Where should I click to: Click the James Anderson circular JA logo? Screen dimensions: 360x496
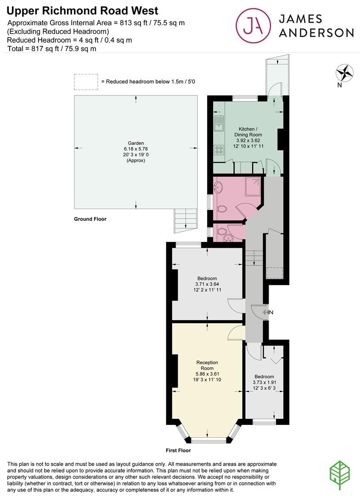point(253,26)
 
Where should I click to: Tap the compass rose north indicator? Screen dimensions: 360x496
point(344,73)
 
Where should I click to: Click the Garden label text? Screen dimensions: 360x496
point(136,143)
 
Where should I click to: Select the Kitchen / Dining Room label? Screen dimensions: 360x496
point(248,132)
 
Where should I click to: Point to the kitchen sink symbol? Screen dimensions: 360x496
point(219,124)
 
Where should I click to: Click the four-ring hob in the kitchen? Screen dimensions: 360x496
point(219,150)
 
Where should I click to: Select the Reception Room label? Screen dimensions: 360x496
point(207,366)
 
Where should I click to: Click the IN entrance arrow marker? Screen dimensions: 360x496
point(268,313)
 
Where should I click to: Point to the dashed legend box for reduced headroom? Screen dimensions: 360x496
point(86,82)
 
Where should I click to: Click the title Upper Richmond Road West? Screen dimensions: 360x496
point(82,11)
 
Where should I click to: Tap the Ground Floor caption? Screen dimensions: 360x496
point(90,219)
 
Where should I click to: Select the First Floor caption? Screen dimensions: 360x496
point(178,450)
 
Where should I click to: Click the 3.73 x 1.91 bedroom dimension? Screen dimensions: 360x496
point(264,382)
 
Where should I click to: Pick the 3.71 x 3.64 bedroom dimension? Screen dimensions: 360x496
point(207,284)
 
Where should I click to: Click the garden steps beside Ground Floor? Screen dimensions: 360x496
point(186,221)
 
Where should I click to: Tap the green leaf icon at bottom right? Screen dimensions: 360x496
point(340,475)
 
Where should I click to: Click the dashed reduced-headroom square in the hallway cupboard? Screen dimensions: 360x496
point(274,273)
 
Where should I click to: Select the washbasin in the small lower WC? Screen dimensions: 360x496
point(226,238)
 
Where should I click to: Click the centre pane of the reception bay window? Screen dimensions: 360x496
point(208,440)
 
